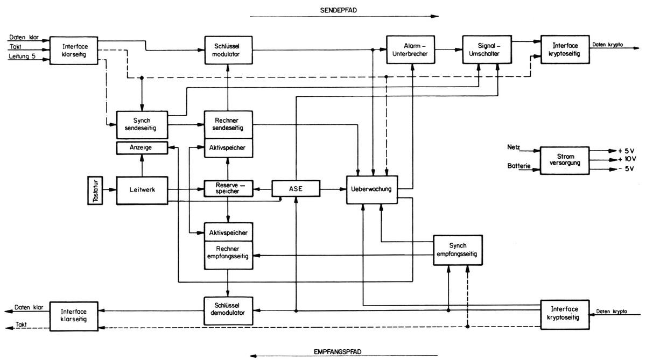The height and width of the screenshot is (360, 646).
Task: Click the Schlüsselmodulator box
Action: (x=228, y=50)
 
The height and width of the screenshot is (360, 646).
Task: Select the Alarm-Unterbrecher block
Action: (x=410, y=50)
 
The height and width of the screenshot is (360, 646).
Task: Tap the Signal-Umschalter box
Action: (x=487, y=50)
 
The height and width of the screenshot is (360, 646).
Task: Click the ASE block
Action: (x=296, y=188)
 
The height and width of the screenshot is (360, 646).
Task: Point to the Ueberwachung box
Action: (x=372, y=189)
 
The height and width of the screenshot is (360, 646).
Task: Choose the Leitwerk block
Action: (x=142, y=190)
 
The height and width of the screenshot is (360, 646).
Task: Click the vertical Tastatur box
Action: (x=95, y=190)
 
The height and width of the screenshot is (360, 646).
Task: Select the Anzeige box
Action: (x=142, y=148)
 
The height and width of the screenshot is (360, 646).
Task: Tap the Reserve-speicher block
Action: (x=228, y=188)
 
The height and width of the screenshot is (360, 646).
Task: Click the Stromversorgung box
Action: (x=565, y=160)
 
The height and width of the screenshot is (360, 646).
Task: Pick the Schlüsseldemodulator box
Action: (x=228, y=311)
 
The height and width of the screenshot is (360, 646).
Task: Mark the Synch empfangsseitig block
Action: (x=458, y=250)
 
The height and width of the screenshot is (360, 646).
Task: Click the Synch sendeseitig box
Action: (x=142, y=125)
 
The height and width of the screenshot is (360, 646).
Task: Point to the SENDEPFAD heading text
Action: (x=339, y=10)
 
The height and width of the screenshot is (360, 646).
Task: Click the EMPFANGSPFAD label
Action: (x=338, y=351)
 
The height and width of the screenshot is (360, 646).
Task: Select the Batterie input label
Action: (x=519, y=166)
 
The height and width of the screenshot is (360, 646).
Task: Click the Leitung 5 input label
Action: (x=22, y=56)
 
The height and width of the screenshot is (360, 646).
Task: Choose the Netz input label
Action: (x=514, y=147)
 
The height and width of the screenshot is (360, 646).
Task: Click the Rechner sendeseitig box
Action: (x=228, y=124)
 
